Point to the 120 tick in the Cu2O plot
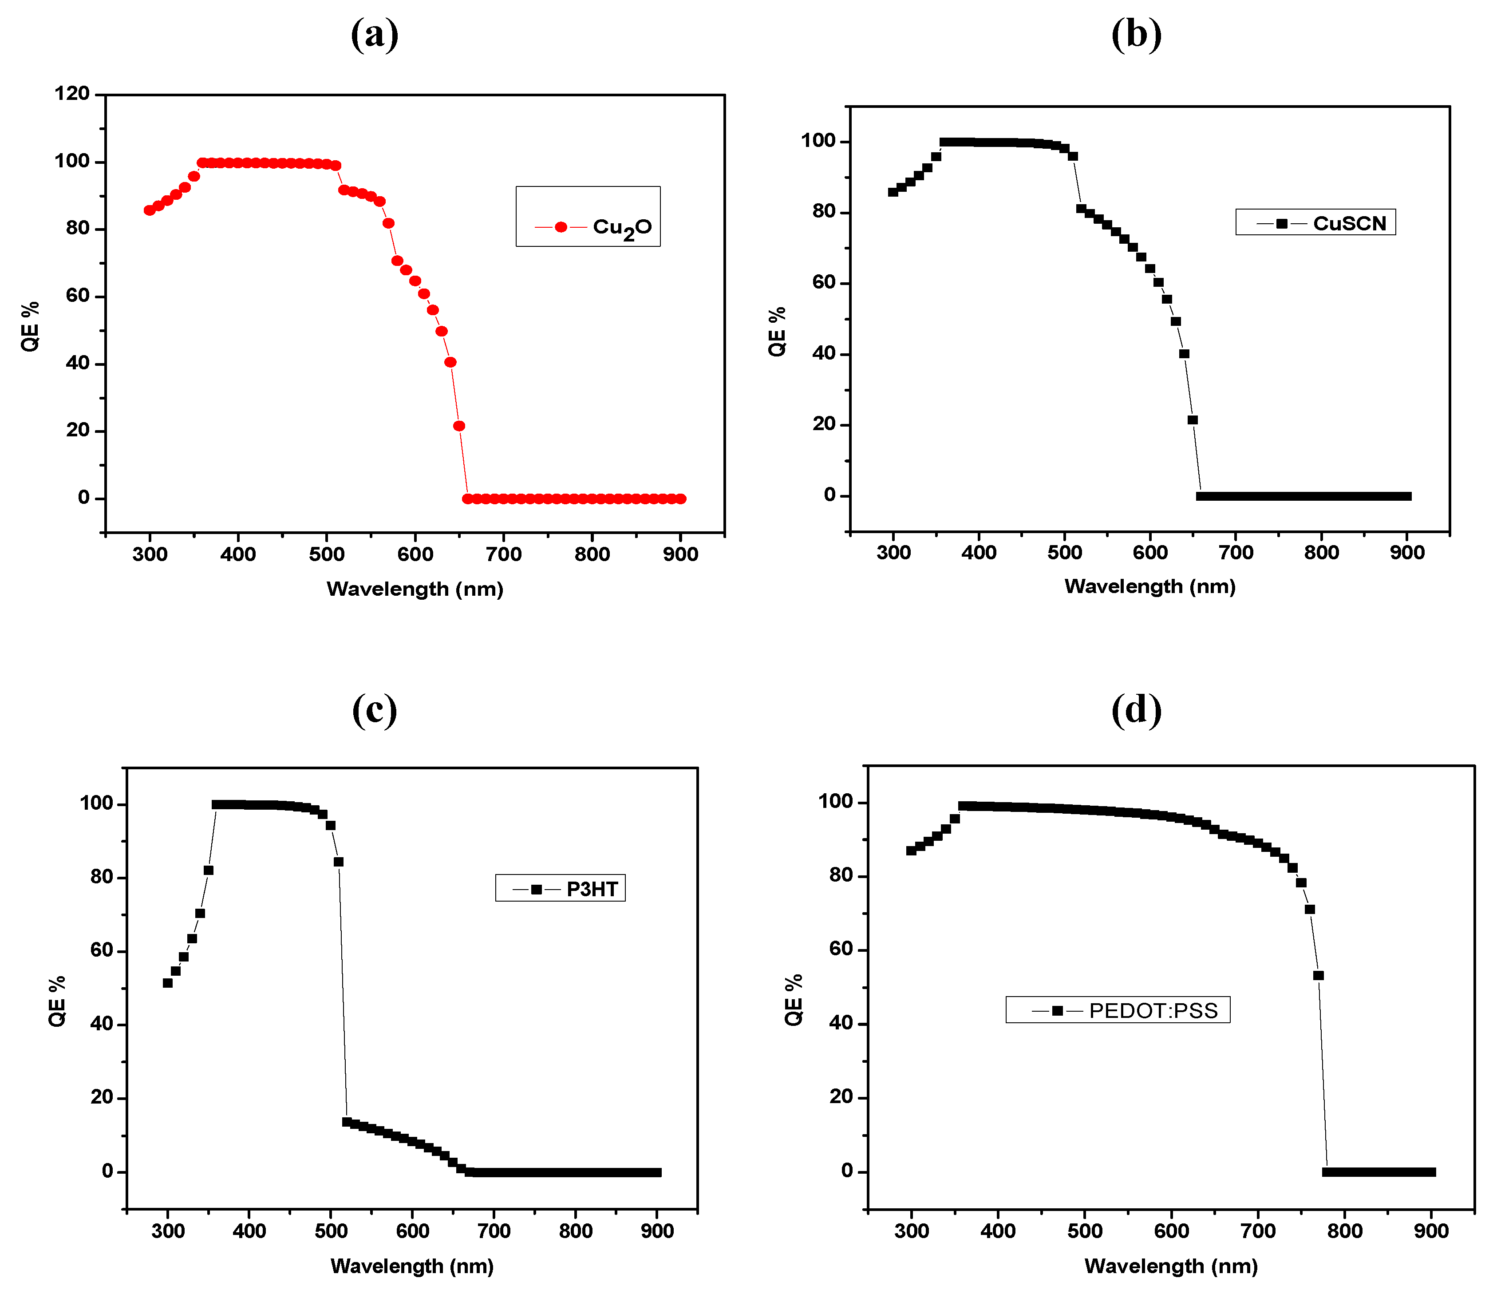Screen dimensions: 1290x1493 (72, 94)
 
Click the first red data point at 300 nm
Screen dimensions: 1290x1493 (149, 210)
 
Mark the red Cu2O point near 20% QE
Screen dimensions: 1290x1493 (459, 426)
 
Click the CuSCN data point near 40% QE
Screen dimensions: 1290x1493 (1184, 354)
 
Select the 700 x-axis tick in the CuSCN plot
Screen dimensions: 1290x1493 (1236, 553)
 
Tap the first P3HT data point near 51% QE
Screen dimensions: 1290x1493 (168, 983)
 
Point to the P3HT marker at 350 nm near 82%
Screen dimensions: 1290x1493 (208, 871)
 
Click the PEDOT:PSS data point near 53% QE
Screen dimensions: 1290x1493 (1319, 976)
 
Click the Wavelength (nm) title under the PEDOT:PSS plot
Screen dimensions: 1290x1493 (1171, 1266)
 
